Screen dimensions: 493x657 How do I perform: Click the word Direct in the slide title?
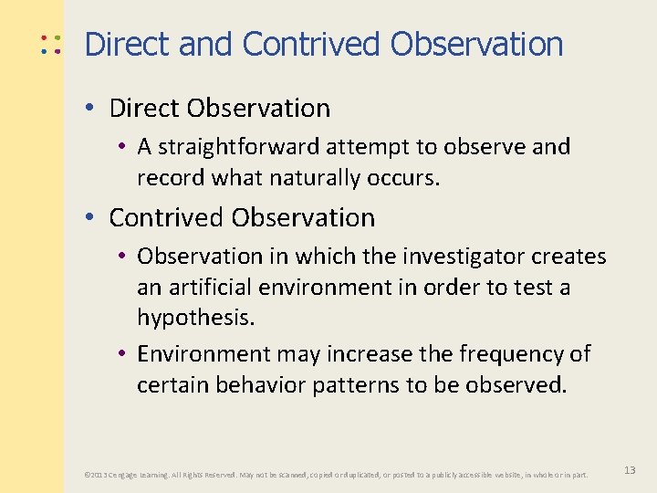[x=126, y=44]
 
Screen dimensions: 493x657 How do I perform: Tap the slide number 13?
[x=630, y=469]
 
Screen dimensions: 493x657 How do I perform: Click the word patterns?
[x=359, y=384]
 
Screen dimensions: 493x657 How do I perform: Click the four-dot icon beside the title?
[x=50, y=45]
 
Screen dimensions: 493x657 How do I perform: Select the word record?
[x=171, y=177]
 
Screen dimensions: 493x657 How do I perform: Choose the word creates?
[x=570, y=257]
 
